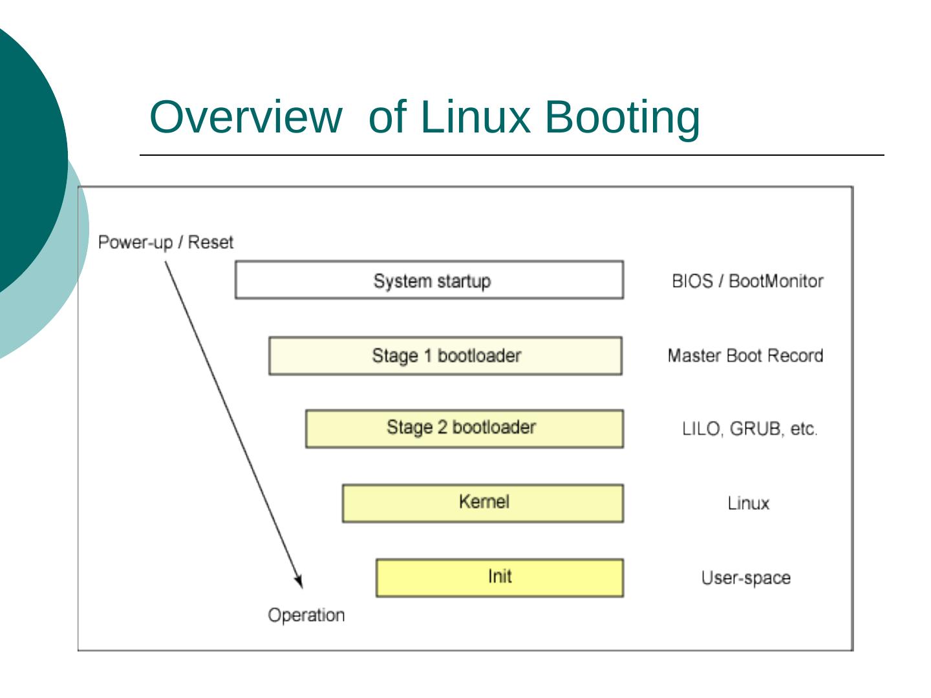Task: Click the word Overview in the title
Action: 245,117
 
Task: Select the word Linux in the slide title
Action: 474,117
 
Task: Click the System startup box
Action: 429,280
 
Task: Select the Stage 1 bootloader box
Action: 445,355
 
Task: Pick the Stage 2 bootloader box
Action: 464,428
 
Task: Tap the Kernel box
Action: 483,503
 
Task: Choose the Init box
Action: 500,577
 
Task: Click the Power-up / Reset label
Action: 166,242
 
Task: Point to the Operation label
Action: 306,615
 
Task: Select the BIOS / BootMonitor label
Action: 747,281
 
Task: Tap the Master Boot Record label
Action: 745,355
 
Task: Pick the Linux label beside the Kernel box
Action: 748,503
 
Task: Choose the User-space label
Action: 746,578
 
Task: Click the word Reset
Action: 211,242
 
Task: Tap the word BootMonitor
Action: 776,281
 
